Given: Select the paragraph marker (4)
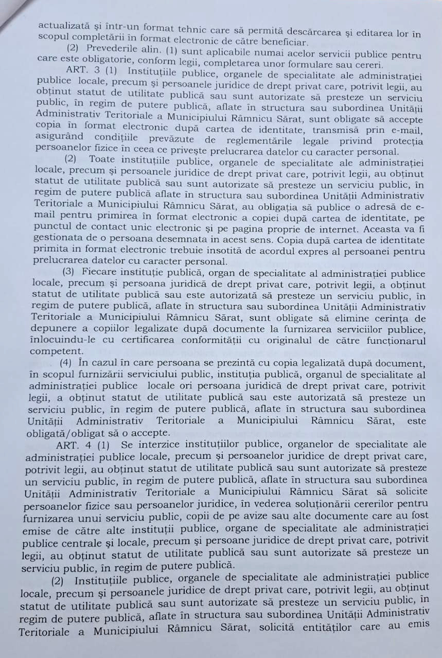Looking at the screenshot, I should point(69,362).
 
